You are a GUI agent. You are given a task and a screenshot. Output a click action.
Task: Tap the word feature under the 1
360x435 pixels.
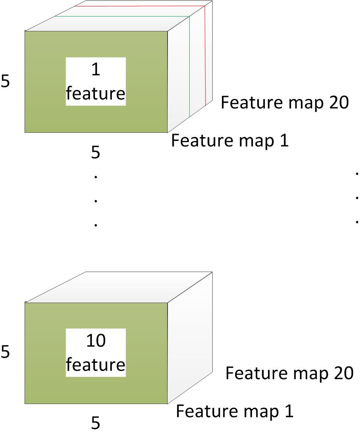click(95, 93)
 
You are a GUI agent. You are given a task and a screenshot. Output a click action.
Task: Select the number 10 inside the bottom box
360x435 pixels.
click(95, 341)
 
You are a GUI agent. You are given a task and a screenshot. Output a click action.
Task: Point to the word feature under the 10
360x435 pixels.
click(95, 365)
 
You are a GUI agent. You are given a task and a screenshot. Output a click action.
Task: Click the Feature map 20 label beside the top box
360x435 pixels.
click(284, 103)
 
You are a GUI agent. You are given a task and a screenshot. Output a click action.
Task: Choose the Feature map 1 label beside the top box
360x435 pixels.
click(230, 141)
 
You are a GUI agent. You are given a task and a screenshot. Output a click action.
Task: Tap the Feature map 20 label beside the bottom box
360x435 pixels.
click(289, 373)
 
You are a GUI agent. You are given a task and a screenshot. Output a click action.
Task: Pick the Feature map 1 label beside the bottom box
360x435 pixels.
click(235, 411)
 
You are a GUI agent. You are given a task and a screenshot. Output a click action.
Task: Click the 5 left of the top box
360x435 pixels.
click(5, 81)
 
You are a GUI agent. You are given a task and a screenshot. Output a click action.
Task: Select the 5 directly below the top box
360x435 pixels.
click(95, 153)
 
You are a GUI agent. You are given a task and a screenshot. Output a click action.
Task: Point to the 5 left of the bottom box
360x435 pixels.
click(5, 352)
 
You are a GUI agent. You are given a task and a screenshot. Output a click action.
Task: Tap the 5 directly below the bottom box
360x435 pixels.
click(95, 423)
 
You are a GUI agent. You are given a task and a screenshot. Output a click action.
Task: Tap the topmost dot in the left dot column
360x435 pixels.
click(95, 176)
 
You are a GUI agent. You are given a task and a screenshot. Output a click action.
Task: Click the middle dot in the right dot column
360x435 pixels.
click(357, 198)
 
